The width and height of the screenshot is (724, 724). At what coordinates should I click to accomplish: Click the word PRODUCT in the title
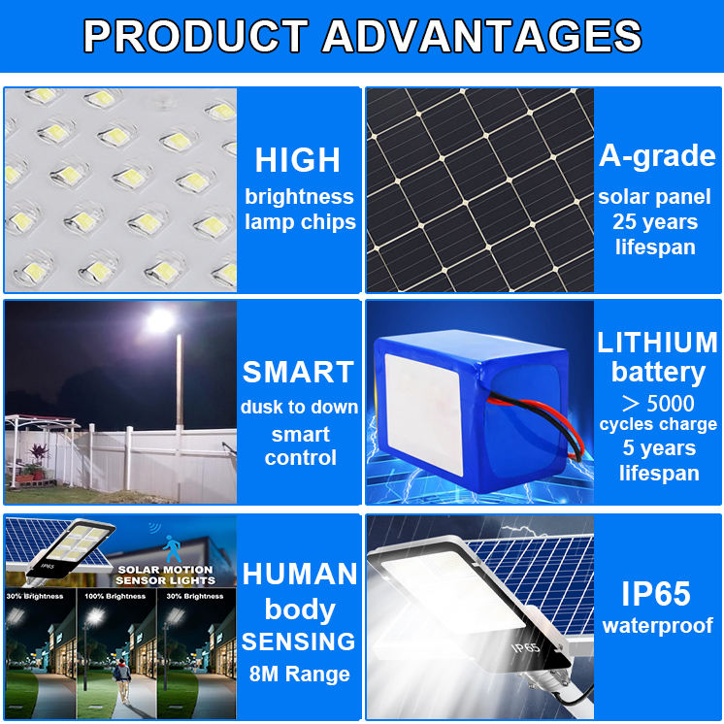coord(195,36)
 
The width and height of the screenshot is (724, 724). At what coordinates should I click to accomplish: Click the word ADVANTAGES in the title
coord(481,36)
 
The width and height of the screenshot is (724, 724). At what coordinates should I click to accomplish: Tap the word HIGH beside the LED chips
coord(298,160)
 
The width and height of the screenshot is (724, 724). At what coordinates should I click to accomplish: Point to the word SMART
coord(298,372)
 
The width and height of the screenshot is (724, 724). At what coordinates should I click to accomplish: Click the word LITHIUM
coord(657,343)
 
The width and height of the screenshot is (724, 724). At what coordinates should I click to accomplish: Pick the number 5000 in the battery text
coord(671,403)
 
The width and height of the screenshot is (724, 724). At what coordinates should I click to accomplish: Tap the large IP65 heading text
coord(656,593)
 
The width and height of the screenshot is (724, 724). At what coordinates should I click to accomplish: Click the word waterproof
coord(657,626)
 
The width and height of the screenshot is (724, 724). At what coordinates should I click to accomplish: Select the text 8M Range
coord(299,674)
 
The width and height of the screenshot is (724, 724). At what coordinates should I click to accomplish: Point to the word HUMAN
coord(300,574)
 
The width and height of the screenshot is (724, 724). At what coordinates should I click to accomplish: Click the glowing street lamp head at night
coord(160,320)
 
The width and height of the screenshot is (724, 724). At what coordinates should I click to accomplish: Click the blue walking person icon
coord(172,549)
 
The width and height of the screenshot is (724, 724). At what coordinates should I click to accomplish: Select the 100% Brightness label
coord(115,596)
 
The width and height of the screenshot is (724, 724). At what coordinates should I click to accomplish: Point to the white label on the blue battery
coord(423,413)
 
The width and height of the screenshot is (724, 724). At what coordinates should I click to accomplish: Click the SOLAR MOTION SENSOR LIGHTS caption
coord(165,575)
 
